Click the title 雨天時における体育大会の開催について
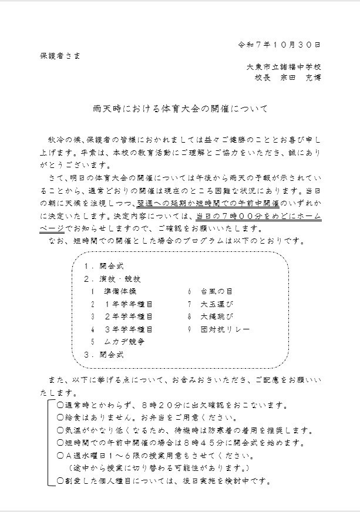180,109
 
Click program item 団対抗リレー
225,329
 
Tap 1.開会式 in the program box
103,265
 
